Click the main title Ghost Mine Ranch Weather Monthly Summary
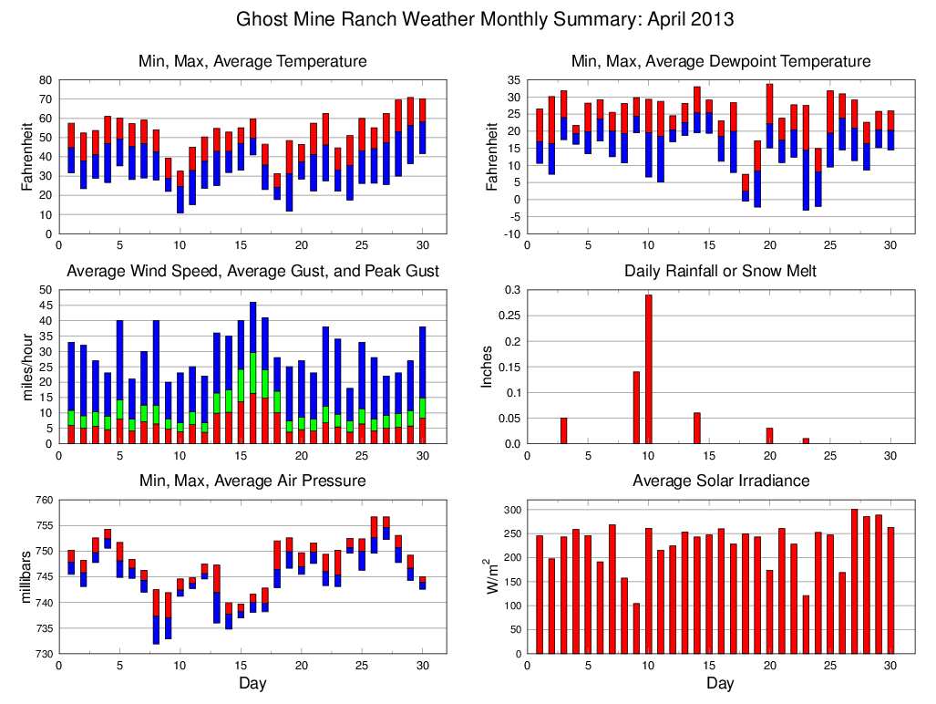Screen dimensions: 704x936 coord(485,19)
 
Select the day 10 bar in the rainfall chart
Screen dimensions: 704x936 coord(648,368)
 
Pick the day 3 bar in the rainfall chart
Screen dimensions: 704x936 coord(563,430)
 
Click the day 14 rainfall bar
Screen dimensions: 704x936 coord(696,428)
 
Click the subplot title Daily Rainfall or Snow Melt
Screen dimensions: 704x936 coord(720,271)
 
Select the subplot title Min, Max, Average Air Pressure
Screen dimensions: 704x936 coord(252,481)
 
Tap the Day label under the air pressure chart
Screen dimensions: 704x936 coord(252,683)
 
